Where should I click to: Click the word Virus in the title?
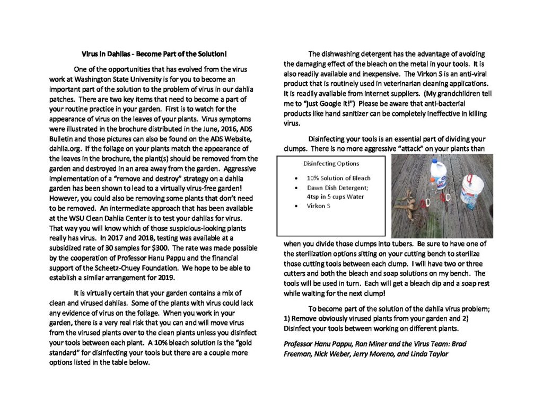(90, 54)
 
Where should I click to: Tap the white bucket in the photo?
(472, 191)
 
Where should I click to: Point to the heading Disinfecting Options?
(331, 164)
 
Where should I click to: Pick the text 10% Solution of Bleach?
(338, 178)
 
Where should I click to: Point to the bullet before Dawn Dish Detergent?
(295, 188)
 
